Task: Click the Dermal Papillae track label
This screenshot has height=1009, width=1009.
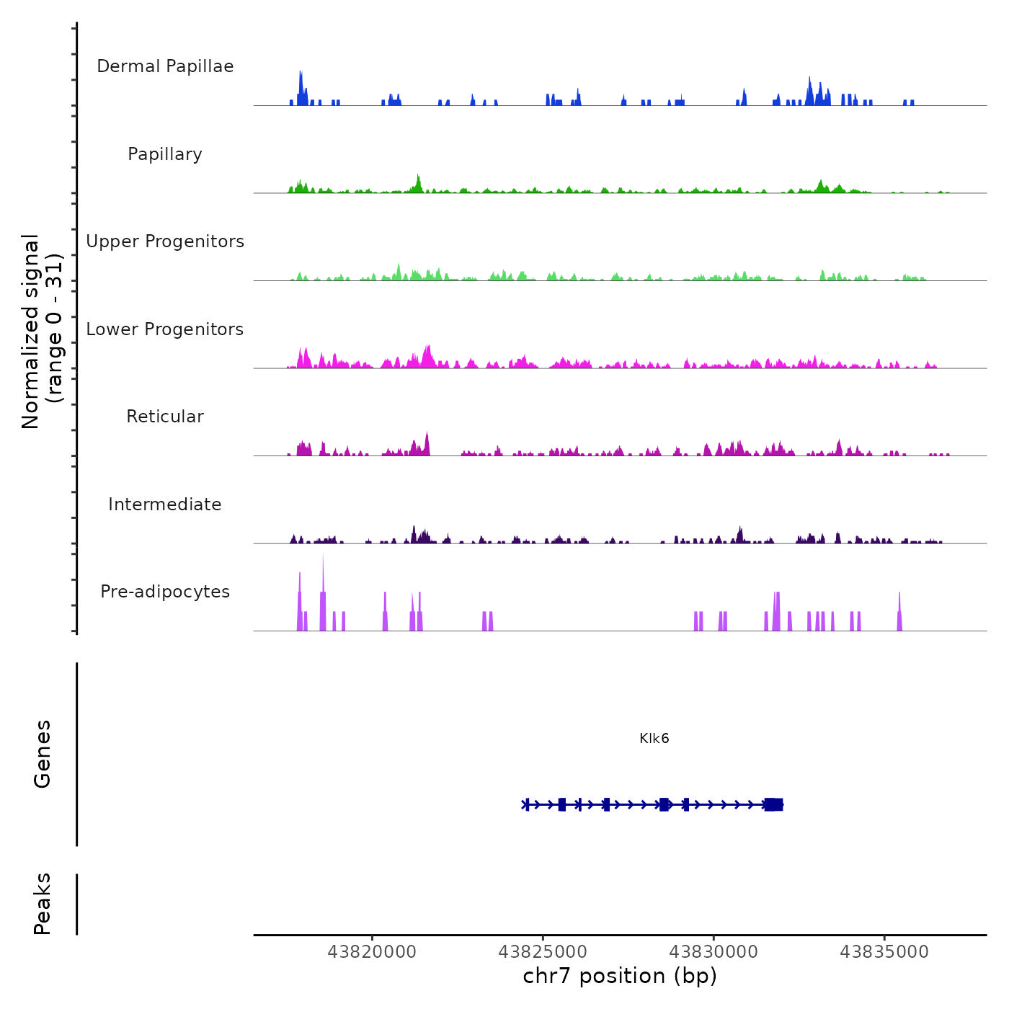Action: click(165, 66)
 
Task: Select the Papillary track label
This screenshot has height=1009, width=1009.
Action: click(165, 154)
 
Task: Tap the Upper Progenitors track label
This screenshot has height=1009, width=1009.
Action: click(165, 241)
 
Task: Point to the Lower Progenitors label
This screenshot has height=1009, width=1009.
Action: click(165, 329)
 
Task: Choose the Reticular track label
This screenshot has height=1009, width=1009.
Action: click(165, 417)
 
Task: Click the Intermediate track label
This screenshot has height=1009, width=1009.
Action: click(165, 504)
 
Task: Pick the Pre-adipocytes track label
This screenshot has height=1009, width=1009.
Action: click(165, 592)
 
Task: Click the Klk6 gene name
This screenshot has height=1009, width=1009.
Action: click(654, 738)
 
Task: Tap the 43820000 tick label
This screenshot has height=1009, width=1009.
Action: click(372, 952)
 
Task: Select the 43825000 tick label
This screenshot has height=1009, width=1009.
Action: click(543, 952)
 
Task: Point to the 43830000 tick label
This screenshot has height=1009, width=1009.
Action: click(714, 952)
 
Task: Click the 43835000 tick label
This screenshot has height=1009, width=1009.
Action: click(884, 952)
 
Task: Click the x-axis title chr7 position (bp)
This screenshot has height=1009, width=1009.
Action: click(620, 976)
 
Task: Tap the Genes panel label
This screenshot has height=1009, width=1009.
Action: click(43, 754)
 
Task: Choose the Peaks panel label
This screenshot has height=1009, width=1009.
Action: click(43, 904)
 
